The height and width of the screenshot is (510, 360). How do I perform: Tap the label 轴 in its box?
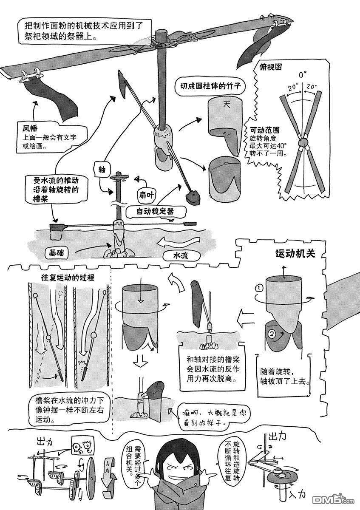pyautogui.click(x=102, y=169)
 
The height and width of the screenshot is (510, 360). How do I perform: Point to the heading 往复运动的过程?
pyautogui.click(x=67, y=277)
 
